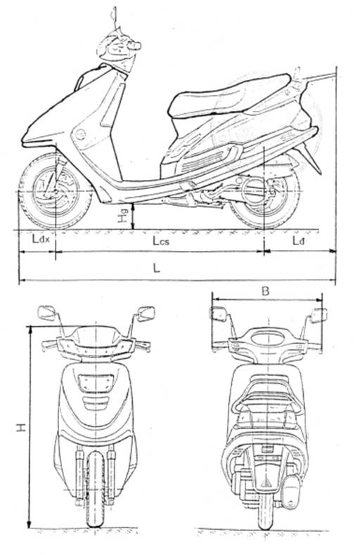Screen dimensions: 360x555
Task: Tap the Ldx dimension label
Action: click(41, 240)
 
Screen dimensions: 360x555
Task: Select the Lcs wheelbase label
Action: click(161, 241)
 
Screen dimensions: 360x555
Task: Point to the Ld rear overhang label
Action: click(299, 241)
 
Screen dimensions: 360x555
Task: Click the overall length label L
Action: click(156, 268)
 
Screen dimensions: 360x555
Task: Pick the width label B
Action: click(265, 292)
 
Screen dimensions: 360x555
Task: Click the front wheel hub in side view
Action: click(56, 192)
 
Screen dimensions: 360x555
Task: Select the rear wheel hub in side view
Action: click(264, 192)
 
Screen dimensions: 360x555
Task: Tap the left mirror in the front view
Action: click(47, 313)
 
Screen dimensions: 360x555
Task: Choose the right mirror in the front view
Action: click(146, 313)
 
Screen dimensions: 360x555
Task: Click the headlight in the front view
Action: click(96, 384)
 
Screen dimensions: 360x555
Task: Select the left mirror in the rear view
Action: click(219, 314)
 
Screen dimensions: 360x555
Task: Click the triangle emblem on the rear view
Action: click(266, 483)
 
